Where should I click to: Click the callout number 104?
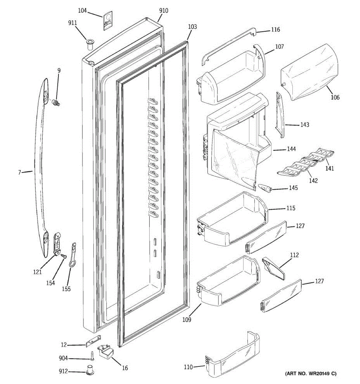82,11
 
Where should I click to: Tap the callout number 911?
72,23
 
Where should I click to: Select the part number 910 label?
164,11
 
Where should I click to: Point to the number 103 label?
192,27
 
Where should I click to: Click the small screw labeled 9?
56,103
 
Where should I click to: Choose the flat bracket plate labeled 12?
93,341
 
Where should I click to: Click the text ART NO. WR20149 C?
310,373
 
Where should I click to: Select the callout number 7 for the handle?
20,172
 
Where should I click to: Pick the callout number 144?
291,149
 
